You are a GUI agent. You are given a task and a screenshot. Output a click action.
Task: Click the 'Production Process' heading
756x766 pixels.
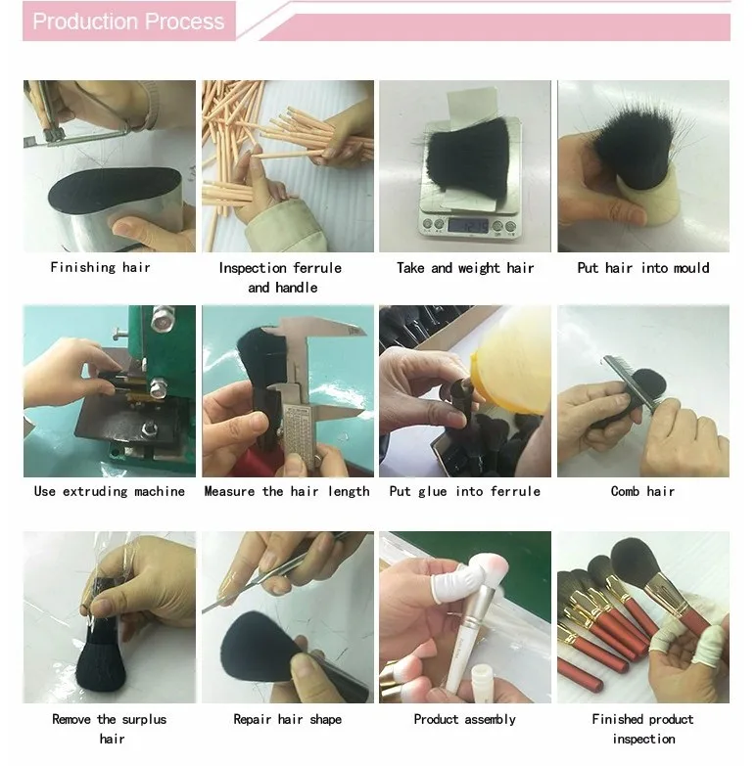pyautogui.click(x=128, y=22)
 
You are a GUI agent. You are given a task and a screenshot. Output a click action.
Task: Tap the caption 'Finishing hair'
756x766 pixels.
pyautogui.click(x=100, y=267)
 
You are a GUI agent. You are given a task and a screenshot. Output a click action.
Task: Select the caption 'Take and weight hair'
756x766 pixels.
pyautogui.click(x=465, y=268)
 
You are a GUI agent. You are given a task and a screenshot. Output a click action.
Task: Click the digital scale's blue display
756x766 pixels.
pyautogui.click(x=468, y=225)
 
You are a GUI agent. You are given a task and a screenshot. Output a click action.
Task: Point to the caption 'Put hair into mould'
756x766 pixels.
pyautogui.click(x=643, y=268)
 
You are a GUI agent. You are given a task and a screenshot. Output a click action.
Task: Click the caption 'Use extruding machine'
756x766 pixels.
pyautogui.click(x=110, y=491)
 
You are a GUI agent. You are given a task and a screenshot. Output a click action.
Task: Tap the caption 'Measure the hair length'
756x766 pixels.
pyautogui.click(x=287, y=491)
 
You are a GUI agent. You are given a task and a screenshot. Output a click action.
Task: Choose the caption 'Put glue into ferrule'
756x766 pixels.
pyautogui.click(x=465, y=491)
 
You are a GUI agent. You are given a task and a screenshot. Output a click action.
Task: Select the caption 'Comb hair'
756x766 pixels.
pyautogui.click(x=642, y=491)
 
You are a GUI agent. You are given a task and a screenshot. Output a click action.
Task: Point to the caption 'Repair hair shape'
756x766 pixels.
pyautogui.click(x=288, y=719)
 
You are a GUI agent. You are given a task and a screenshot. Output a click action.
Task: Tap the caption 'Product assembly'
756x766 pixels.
pyautogui.click(x=464, y=719)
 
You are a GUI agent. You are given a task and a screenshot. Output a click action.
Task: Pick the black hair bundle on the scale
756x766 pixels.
pyautogui.click(x=466, y=157)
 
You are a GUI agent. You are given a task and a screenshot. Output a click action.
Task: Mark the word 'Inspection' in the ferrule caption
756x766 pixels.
pyautogui.click(x=253, y=268)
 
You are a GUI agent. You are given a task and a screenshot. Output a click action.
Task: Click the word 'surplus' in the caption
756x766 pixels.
pyautogui.click(x=144, y=719)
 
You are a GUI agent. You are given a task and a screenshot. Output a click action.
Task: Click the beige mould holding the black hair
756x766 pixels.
pyautogui.click(x=648, y=198)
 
